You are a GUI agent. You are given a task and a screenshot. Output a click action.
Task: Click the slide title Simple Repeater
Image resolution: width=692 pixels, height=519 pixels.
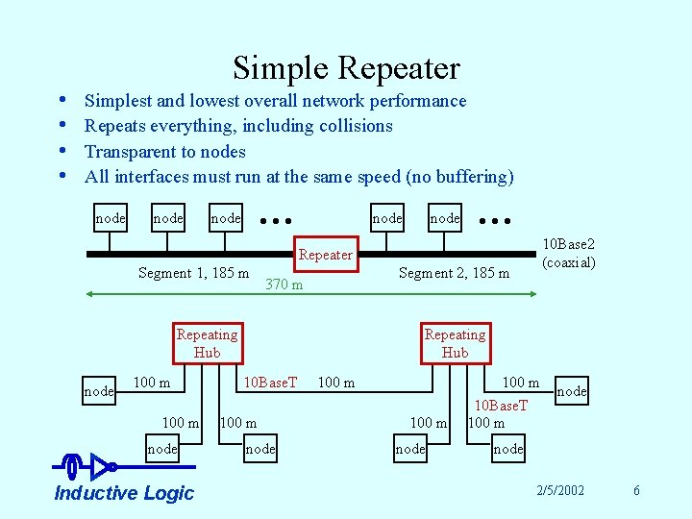(346, 68)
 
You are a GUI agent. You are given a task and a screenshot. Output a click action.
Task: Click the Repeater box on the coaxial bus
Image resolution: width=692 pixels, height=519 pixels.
(326, 255)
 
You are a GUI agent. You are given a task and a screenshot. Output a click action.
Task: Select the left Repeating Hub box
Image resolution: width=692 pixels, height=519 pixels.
(207, 343)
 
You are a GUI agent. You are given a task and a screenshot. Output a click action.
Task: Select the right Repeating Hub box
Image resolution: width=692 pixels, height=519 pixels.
(455, 343)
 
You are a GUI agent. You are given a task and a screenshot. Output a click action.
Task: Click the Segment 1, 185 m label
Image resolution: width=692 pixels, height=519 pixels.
(193, 273)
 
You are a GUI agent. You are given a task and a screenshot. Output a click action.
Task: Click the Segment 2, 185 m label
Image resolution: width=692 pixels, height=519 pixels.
(454, 273)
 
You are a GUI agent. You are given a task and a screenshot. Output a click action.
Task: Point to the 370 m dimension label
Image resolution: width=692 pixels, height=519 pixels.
(284, 284)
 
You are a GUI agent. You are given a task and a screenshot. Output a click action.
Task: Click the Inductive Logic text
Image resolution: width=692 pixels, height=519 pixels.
(124, 493)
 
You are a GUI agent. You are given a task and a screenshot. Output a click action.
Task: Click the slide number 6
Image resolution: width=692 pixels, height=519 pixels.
(636, 491)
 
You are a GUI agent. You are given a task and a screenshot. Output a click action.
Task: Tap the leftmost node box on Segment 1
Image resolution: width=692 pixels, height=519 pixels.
(110, 218)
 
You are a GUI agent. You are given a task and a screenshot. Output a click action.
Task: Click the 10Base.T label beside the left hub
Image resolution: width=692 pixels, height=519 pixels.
(268, 383)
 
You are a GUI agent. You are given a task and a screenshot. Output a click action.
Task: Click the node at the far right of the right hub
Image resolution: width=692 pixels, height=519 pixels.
(571, 391)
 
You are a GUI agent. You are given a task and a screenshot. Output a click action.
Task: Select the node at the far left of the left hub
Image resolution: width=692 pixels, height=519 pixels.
(99, 391)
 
